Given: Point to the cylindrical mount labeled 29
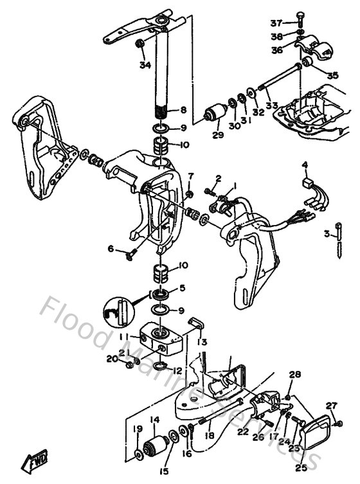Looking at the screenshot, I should click(213, 114).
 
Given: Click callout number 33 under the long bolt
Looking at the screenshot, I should click(272, 105).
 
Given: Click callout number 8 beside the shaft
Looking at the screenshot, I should click(183, 110).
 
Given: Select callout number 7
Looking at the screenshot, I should click(190, 177).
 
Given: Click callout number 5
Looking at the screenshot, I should click(183, 287).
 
